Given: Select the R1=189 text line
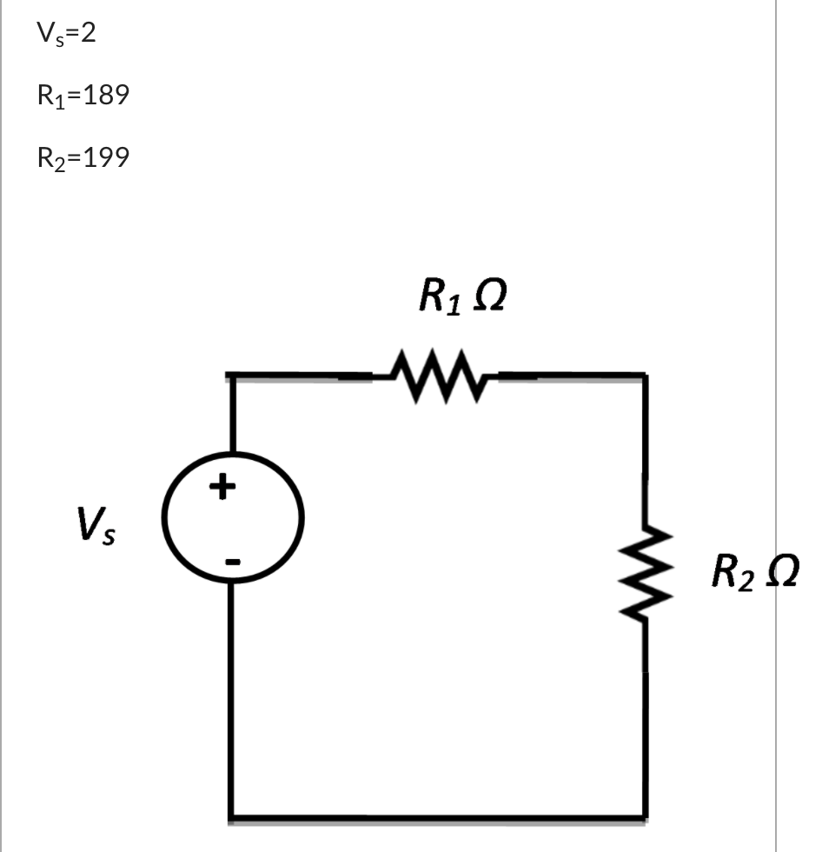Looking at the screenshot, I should pos(83,96).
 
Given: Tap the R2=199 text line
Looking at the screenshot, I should pos(83,157).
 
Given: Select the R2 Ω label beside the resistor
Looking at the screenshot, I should pos(752,572).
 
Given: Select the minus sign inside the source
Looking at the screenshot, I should pos(231,562).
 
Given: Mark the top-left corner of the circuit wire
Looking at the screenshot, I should pos(232,376).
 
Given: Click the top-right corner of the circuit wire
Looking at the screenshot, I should pos(644,376).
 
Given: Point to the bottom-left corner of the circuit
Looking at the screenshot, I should pos(232,817).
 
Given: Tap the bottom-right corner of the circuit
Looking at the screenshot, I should pos(644,817).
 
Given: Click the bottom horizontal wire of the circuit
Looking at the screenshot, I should pos(438,817).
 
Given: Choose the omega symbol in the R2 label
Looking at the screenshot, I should pos(780,571).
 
